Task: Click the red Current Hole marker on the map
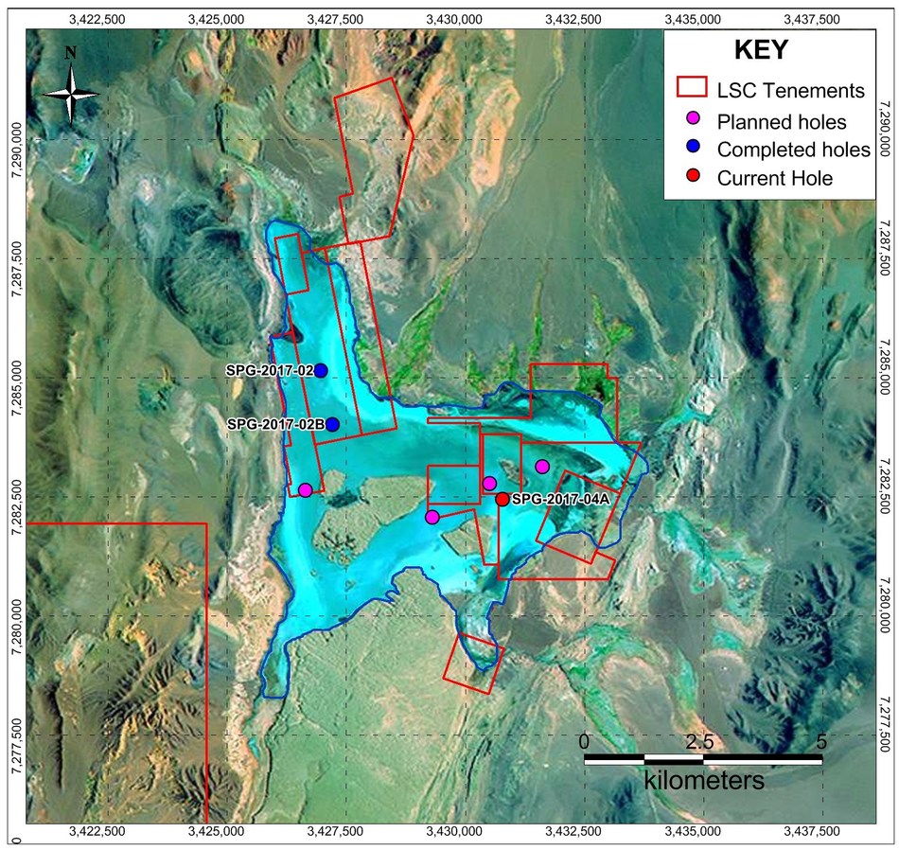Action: [x=502, y=499]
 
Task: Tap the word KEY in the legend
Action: [x=761, y=51]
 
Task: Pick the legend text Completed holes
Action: [x=793, y=150]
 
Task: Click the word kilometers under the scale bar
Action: [x=704, y=782]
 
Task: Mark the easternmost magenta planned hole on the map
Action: [x=542, y=466]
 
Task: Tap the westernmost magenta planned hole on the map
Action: [x=305, y=489]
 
